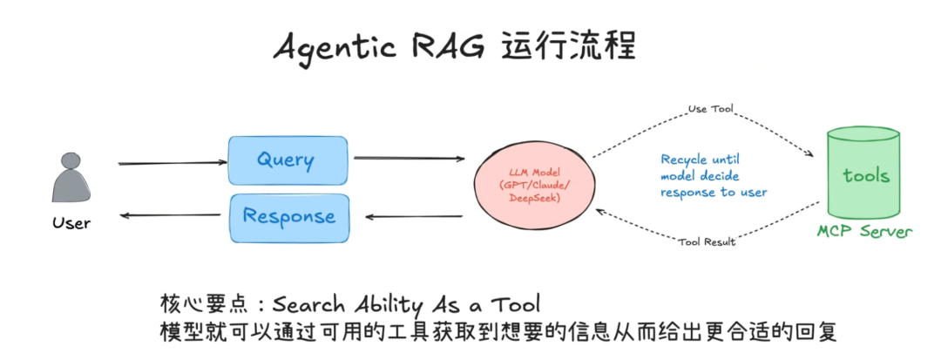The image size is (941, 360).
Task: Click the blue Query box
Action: [x=286, y=160]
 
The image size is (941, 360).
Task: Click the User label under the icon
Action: [x=71, y=223]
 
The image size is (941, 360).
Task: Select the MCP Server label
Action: [x=864, y=232]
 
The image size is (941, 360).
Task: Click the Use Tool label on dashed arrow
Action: [x=710, y=110]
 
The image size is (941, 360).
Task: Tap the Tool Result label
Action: [x=707, y=241]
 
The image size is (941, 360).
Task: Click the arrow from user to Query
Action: [x=172, y=163]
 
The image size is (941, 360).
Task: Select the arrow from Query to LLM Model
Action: [x=409, y=159]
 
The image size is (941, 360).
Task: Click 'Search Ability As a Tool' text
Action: [x=406, y=304]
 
